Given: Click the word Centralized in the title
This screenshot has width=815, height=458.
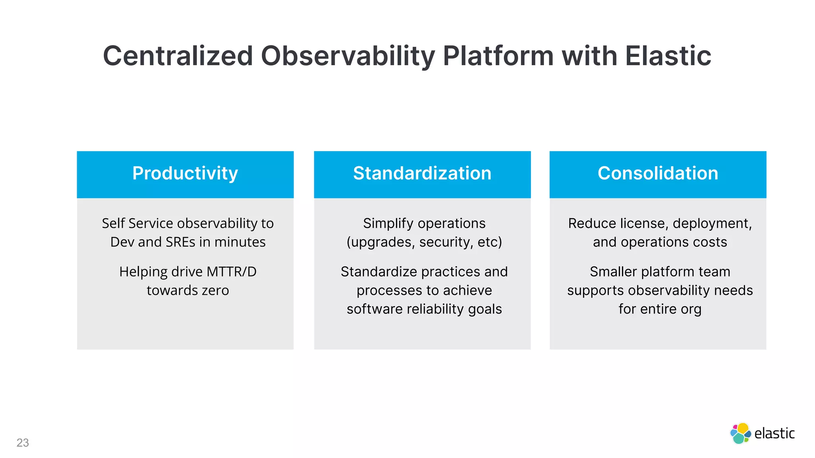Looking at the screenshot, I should pyautogui.click(x=178, y=56).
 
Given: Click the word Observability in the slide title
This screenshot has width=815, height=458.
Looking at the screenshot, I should pyautogui.click(x=348, y=56).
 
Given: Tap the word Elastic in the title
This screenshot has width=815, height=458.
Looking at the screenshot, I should pyautogui.click(x=668, y=56).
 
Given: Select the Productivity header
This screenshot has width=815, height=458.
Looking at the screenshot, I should pyautogui.click(x=185, y=173).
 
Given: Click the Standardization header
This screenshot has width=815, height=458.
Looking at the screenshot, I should pyautogui.click(x=422, y=173).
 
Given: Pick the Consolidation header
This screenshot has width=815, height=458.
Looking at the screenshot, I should pyautogui.click(x=658, y=173).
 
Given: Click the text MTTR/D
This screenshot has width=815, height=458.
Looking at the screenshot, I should pyautogui.click(x=232, y=272).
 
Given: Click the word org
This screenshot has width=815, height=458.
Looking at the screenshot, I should pyautogui.click(x=691, y=309).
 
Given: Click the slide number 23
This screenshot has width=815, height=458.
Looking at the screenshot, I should pyautogui.click(x=23, y=443).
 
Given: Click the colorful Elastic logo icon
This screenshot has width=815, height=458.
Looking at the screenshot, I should pyautogui.click(x=740, y=433).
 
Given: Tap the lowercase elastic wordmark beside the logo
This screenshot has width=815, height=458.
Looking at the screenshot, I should pyautogui.click(x=774, y=433).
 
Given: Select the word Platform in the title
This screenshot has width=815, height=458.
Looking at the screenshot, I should pyautogui.click(x=498, y=56).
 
